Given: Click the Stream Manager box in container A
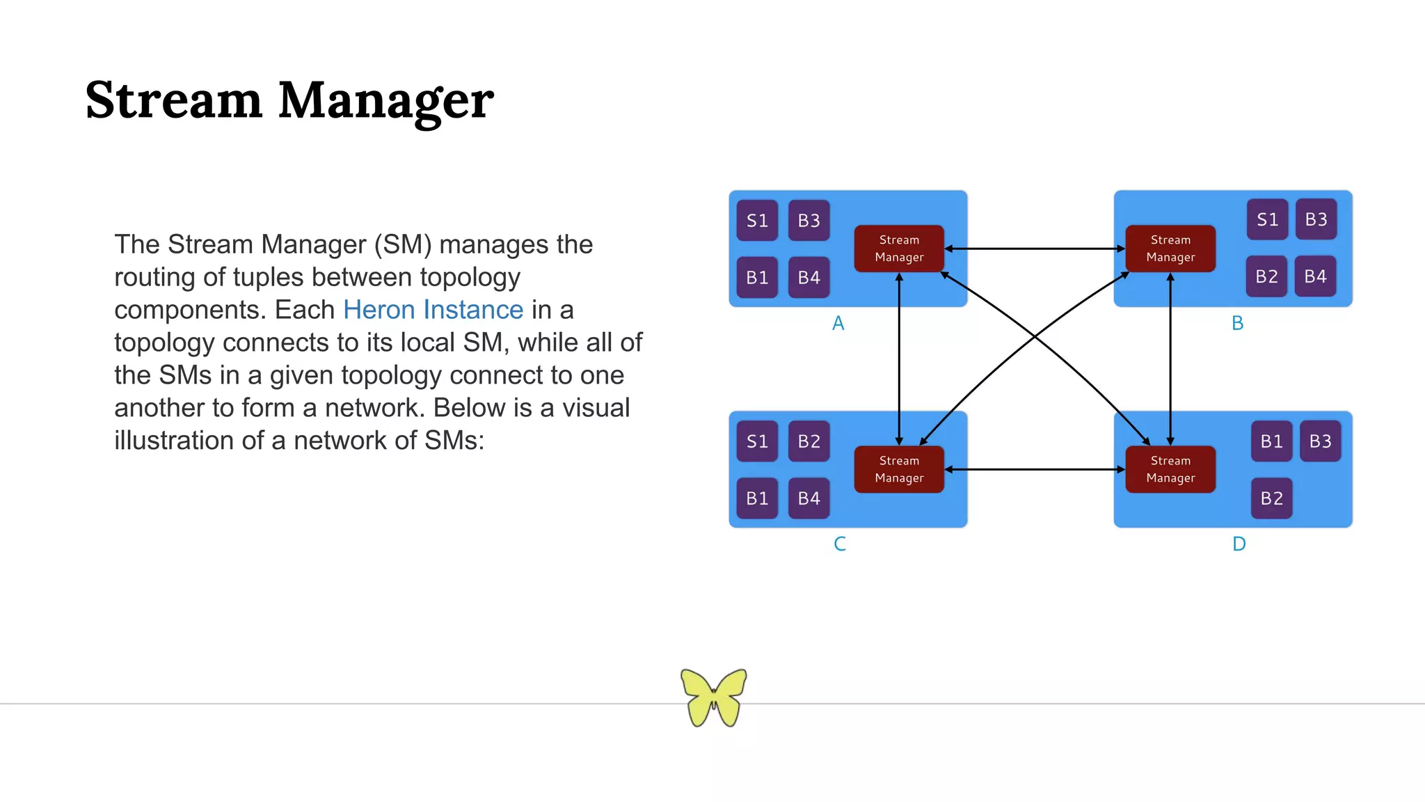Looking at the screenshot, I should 899,249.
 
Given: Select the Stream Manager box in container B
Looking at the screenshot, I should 1170,249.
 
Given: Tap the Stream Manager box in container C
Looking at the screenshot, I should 899,469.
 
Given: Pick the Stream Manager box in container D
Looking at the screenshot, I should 1170,469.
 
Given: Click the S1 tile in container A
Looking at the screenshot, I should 757,221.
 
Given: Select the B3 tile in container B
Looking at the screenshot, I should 1316,219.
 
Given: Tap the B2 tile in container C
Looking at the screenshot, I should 809,441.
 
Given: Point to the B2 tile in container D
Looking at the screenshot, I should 1271,498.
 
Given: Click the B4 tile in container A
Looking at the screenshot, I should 809,278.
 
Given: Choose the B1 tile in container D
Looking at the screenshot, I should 1271,441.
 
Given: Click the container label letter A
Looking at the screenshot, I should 838,323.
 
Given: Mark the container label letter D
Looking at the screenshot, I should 1239,544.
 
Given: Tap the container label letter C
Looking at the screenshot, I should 840,544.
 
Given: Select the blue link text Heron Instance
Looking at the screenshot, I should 433,310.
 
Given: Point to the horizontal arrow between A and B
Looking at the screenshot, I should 1035,249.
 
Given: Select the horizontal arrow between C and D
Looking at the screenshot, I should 1035,469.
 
